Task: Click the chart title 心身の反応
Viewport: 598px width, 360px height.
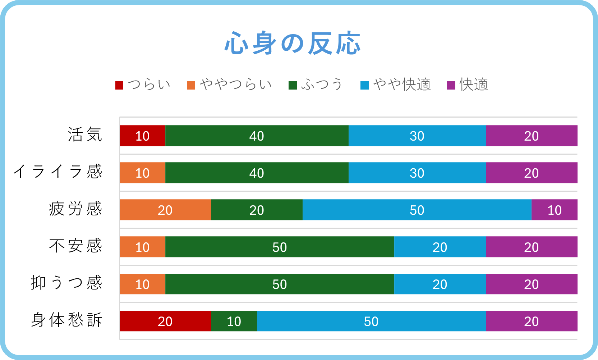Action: coord(293,43)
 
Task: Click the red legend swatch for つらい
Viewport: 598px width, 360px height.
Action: coord(119,85)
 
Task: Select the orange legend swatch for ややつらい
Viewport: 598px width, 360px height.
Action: coord(191,85)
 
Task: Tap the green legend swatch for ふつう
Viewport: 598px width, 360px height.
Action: coord(293,85)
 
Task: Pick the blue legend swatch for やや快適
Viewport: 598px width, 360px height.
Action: coord(364,85)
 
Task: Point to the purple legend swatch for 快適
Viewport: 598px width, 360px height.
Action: coord(451,85)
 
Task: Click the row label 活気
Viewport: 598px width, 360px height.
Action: coord(85,135)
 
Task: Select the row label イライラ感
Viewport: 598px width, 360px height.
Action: coord(58,172)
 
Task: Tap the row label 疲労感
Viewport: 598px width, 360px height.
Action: coord(76,209)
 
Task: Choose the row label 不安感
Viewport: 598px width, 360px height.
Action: coord(76,246)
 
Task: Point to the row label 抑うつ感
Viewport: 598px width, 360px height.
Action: coord(66,283)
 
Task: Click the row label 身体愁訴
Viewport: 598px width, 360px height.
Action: coord(66,320)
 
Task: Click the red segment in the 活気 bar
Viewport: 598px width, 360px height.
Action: coord(143,136)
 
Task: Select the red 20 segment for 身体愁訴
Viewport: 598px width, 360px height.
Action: coord(165,321)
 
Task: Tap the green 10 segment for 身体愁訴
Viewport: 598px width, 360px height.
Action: coord(234,321)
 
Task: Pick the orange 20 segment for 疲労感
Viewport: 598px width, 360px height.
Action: coord(165,210)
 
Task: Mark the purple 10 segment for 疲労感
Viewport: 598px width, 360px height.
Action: coord(555,210)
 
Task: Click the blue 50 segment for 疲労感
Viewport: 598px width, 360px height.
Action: coord(417,210)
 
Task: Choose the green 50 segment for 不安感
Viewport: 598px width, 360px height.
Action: coord(280,247)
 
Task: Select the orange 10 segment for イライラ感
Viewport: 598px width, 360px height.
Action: coord(143,173)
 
